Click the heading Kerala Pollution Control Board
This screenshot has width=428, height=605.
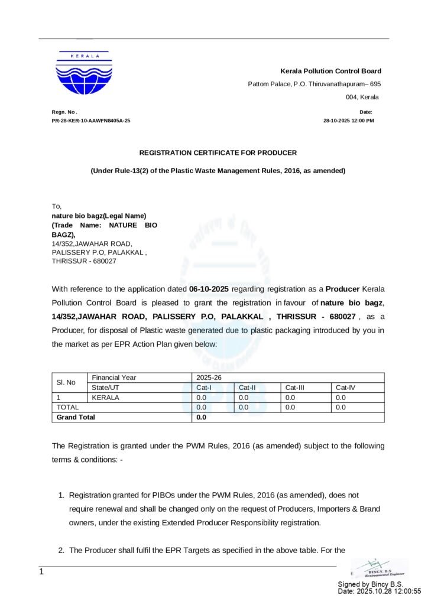[x=330, y=71]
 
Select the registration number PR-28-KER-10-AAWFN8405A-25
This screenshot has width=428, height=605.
[x=91, y=121]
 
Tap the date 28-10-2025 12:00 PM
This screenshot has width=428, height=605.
[x=348, y=121]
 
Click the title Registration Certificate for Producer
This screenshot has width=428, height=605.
[x=218, y=152]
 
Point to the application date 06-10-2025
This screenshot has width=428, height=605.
[x=209, y=289]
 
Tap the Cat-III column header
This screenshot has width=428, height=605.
[x=295, y=388]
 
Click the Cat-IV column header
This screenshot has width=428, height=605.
[x=345, y=388]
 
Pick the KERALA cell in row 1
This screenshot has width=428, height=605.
[x=105, y=398]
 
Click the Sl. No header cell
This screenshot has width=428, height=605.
[x=66, y=382]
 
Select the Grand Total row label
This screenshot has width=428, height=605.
[x=75, y=417]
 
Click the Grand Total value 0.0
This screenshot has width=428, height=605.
[x=201, y=417]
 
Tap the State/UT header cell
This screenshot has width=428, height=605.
[x=106, y=388]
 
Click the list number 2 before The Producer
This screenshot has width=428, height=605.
[x=61, y=550]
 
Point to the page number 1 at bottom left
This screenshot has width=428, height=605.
[x=41, y=572]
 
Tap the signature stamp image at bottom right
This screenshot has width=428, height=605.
[x=378, y=568]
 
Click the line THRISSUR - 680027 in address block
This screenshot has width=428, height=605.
[x=84, y=261]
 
